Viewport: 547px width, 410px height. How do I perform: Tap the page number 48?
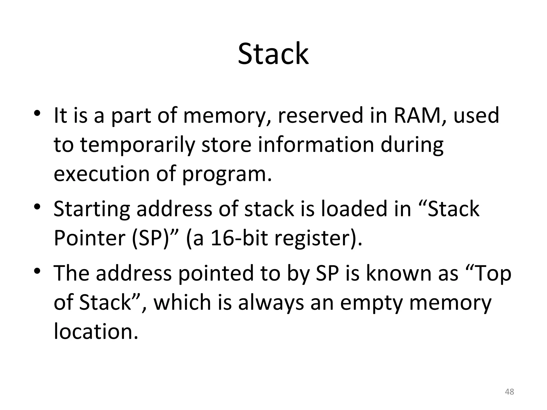coord(510,392)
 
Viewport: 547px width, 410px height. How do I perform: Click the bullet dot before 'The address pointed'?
coord(37,270)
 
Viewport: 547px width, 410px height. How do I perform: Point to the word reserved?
coord(321,115)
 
